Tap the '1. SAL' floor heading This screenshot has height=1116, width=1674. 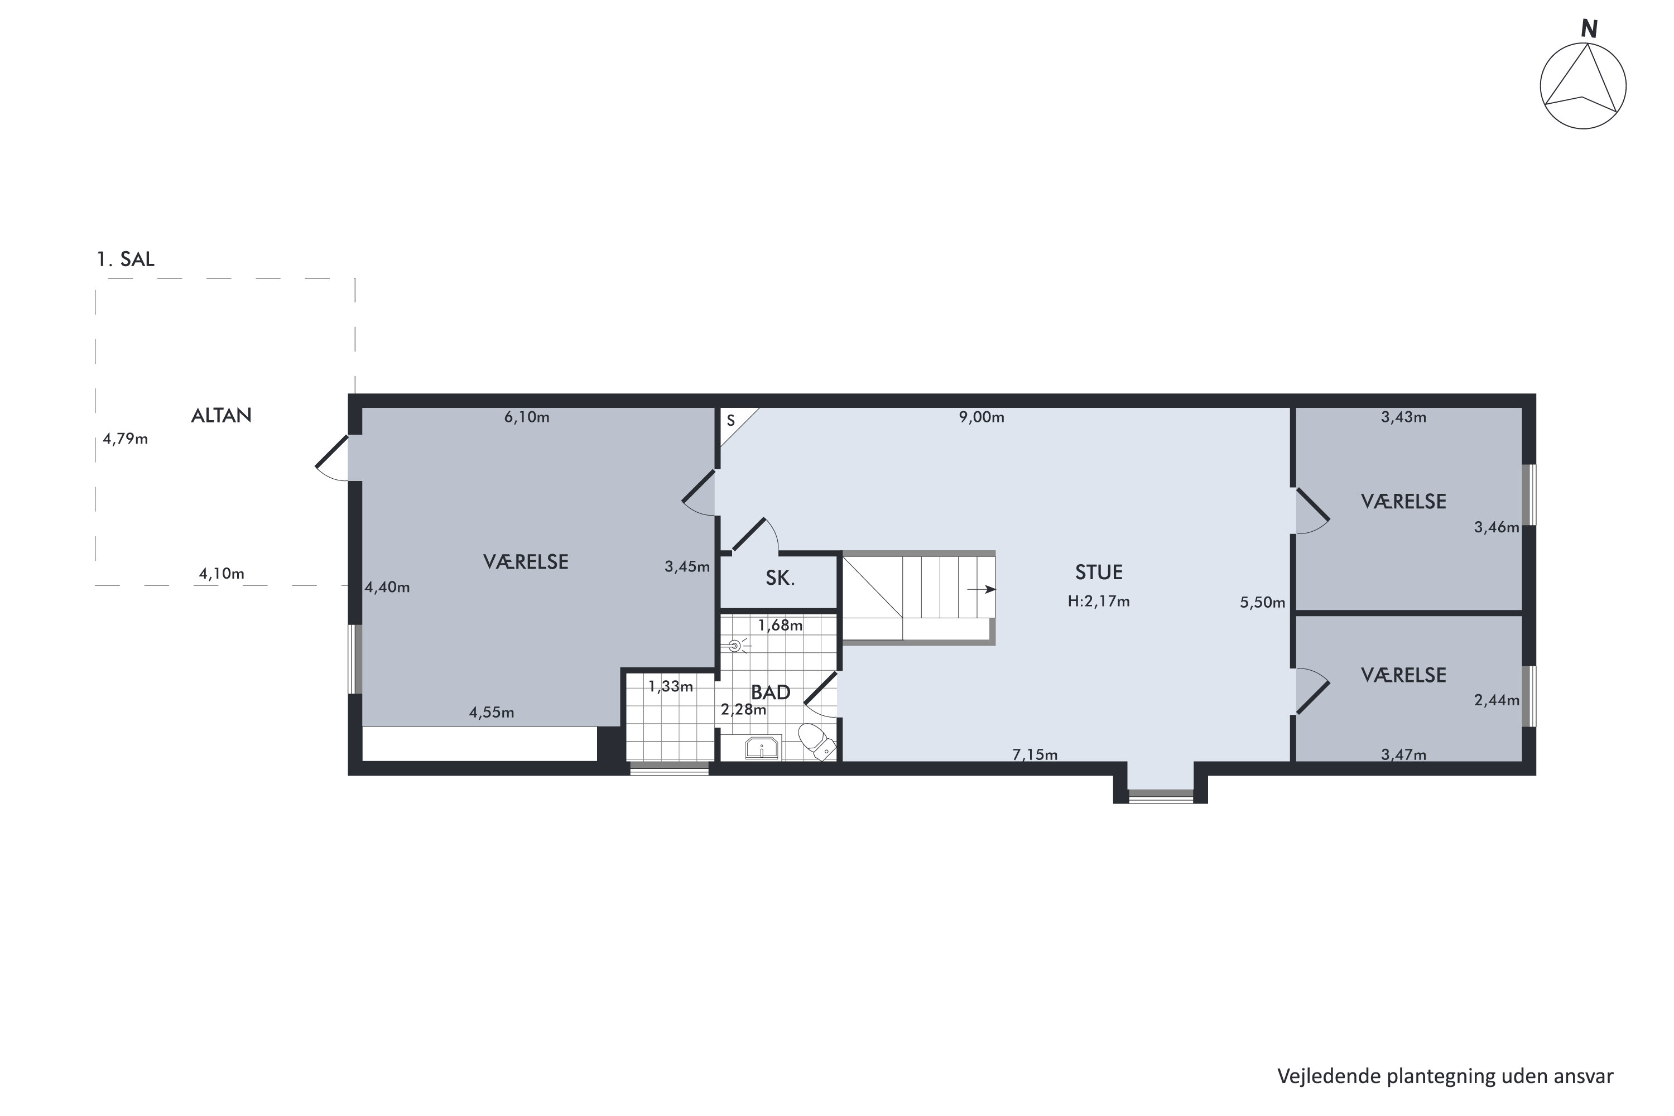coord(125,259)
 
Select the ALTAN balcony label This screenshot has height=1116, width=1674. coord(222,416)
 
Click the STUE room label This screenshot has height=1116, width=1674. coord(1099,573)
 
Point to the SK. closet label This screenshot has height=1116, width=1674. coord(780,579)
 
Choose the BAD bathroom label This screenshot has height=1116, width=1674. coord(771,692)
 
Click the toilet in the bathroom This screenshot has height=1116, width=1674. coord(816,741)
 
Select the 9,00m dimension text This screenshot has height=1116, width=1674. coord(982,417)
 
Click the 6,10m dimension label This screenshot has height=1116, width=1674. coord(527,417)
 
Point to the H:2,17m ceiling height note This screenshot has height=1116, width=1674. coord(1098,602)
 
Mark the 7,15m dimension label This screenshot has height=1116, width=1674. coord(1035,754)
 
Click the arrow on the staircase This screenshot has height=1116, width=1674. coord(982,589)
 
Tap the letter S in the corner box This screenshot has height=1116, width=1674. coord(730,421)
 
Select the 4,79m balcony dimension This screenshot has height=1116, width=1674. coord(125,439)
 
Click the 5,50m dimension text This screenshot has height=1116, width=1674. coord(1263,602)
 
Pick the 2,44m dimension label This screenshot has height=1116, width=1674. coord(1497,700)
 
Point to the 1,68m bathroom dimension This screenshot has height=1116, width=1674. coord(780,626)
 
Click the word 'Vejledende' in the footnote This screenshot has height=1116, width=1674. coord(1329,1076)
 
